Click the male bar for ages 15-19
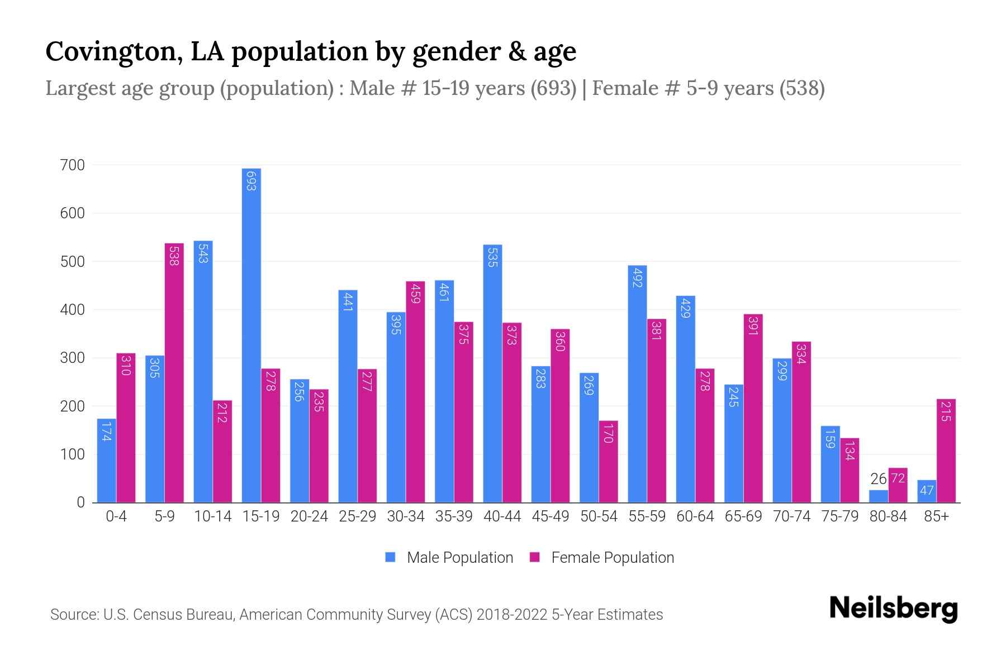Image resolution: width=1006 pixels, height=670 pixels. coord(251,335)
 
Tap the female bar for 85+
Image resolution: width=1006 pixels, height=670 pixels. coord(946,451)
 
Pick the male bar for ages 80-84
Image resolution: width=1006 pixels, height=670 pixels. coord(879,496)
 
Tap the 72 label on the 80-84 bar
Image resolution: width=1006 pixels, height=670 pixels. coord(898,478)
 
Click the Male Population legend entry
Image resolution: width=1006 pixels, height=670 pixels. coord(449,557)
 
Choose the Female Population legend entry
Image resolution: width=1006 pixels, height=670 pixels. coord(602,557)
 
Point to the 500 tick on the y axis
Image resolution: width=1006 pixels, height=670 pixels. coord(73,261)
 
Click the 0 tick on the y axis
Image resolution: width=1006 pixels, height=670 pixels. coord(80,502)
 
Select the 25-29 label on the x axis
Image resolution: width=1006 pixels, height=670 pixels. coord(357,516)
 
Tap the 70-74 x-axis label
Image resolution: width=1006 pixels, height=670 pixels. coord(791,516)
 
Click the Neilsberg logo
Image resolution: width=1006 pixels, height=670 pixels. coord(893,609)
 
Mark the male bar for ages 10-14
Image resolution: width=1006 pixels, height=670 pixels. coord(203,371)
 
